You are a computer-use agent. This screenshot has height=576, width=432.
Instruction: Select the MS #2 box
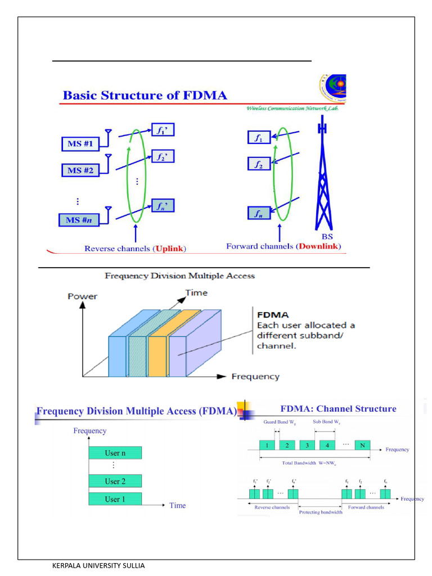point(80,169)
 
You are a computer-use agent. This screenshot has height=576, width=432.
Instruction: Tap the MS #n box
point(79,219)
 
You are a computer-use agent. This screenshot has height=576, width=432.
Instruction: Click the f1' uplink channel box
point(163,130)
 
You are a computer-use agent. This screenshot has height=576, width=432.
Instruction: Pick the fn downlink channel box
point(259,214)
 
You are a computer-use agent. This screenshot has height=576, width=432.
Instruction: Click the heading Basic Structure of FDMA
point(145,95)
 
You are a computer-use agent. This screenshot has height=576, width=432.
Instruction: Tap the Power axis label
point(83,296)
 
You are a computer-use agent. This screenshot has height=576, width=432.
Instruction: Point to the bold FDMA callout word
point(273,316)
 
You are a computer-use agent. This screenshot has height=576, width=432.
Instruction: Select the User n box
point(115,453)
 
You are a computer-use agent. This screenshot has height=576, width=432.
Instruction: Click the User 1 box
point(115,499)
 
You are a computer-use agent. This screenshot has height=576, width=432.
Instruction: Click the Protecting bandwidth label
point(321,512)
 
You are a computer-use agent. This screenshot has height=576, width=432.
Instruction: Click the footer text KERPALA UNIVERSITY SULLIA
point(98,565)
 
